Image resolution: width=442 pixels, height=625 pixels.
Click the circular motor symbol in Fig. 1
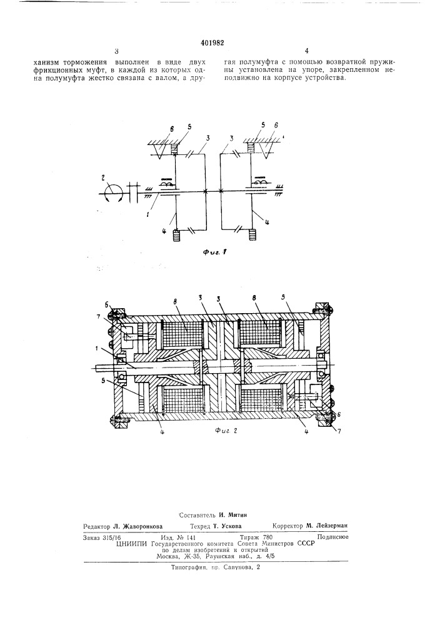pos(113,193)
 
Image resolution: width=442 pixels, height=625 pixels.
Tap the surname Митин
pos(238,514)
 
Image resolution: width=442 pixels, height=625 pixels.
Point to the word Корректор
pos(288,526)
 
